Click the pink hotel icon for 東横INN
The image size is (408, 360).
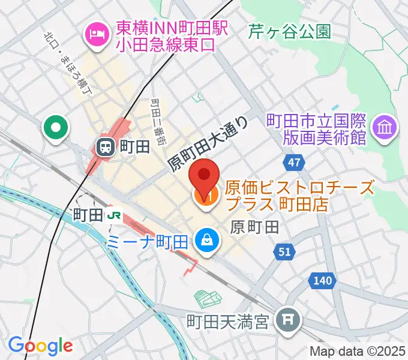coord(96,33)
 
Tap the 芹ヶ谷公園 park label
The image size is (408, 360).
coord(290,31)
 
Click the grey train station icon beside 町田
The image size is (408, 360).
coord(106,146)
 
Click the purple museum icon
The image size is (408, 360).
coord(383,127)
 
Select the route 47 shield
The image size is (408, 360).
coord(294,163)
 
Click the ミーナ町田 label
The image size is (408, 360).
coord(148,242)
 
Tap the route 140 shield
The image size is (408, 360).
coord(322,280)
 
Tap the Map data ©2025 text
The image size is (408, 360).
coord(358,351)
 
